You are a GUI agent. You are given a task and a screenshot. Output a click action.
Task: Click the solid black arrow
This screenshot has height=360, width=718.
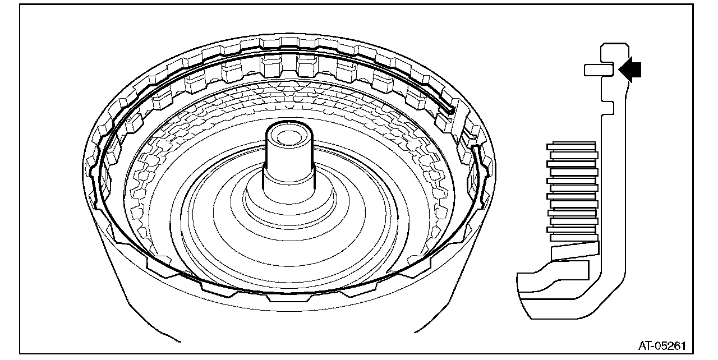point(630,69)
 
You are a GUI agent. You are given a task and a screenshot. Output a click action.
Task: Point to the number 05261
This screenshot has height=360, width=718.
point(671,346)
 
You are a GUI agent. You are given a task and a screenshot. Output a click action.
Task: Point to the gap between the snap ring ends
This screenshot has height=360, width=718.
point(464,130)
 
